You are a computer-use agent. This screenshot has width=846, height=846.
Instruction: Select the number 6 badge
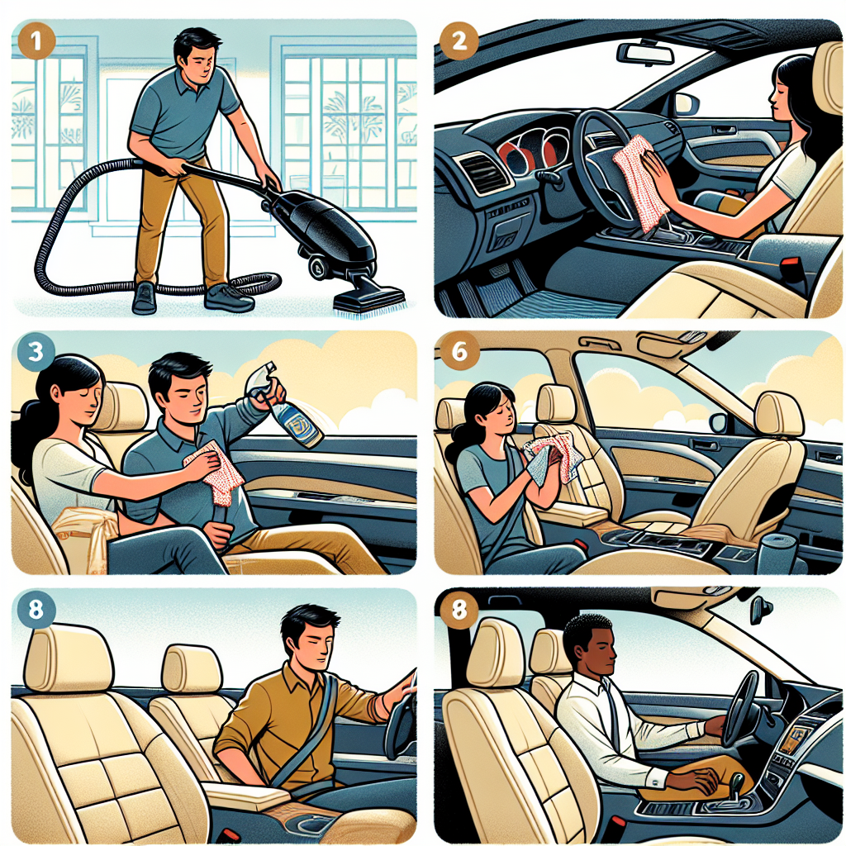457,352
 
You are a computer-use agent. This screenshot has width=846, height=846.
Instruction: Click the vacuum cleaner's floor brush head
368,299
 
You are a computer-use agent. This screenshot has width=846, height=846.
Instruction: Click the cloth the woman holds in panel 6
549,459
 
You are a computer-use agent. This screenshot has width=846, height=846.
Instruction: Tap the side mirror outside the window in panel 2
685,104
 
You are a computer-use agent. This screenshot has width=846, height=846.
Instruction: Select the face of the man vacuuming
199,62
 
